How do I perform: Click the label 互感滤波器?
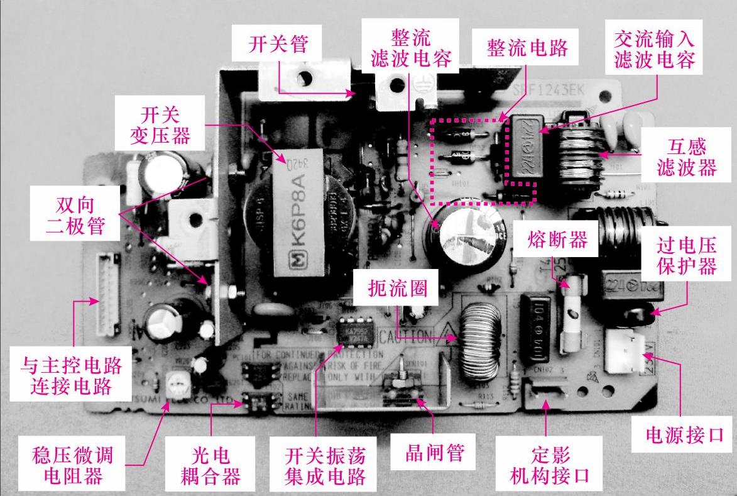pyautogui.click(x=686, y=157)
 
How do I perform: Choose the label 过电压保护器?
pyautogui.click(x=686, y=255)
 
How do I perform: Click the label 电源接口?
pyautogui.click(x=685, y=434)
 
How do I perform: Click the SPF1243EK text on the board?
pyautogui.click(x=549, y=91)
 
